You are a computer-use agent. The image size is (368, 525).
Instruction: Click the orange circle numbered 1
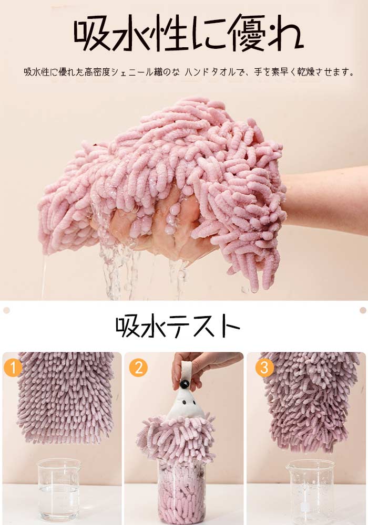[13, 367]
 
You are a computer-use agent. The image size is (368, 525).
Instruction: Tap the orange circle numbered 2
[138, 367]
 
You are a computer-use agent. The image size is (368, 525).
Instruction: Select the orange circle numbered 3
[264, 367]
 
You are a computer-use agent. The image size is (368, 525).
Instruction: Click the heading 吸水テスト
[178, 326]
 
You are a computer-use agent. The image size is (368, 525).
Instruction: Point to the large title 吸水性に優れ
[188, 33]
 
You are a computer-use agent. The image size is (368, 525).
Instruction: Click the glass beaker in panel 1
[59, 489]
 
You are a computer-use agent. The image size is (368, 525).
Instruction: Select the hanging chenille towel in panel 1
[65, 397]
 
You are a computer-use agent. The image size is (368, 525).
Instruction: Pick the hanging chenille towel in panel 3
[310, 400]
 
